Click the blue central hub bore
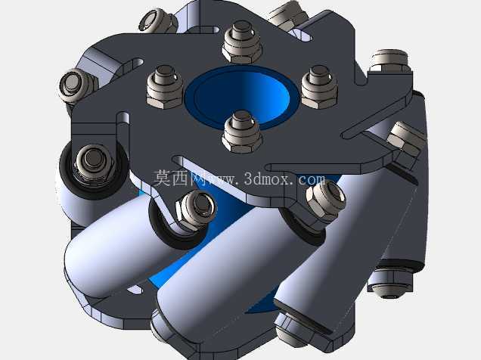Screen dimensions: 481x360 pyautogui.click(x=241, y=98)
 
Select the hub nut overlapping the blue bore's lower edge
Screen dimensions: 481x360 pyautogui.click(x=242, y=132)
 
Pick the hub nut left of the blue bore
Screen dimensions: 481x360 pyautogui.click(x=165, y=87)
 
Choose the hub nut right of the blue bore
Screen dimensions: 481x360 pyautogui.click(x=320, y=87)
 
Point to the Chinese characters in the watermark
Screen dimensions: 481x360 pyautogui.click(x=178, y=178)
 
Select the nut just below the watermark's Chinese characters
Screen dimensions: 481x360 pyautogui.click(x=197, y=209)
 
